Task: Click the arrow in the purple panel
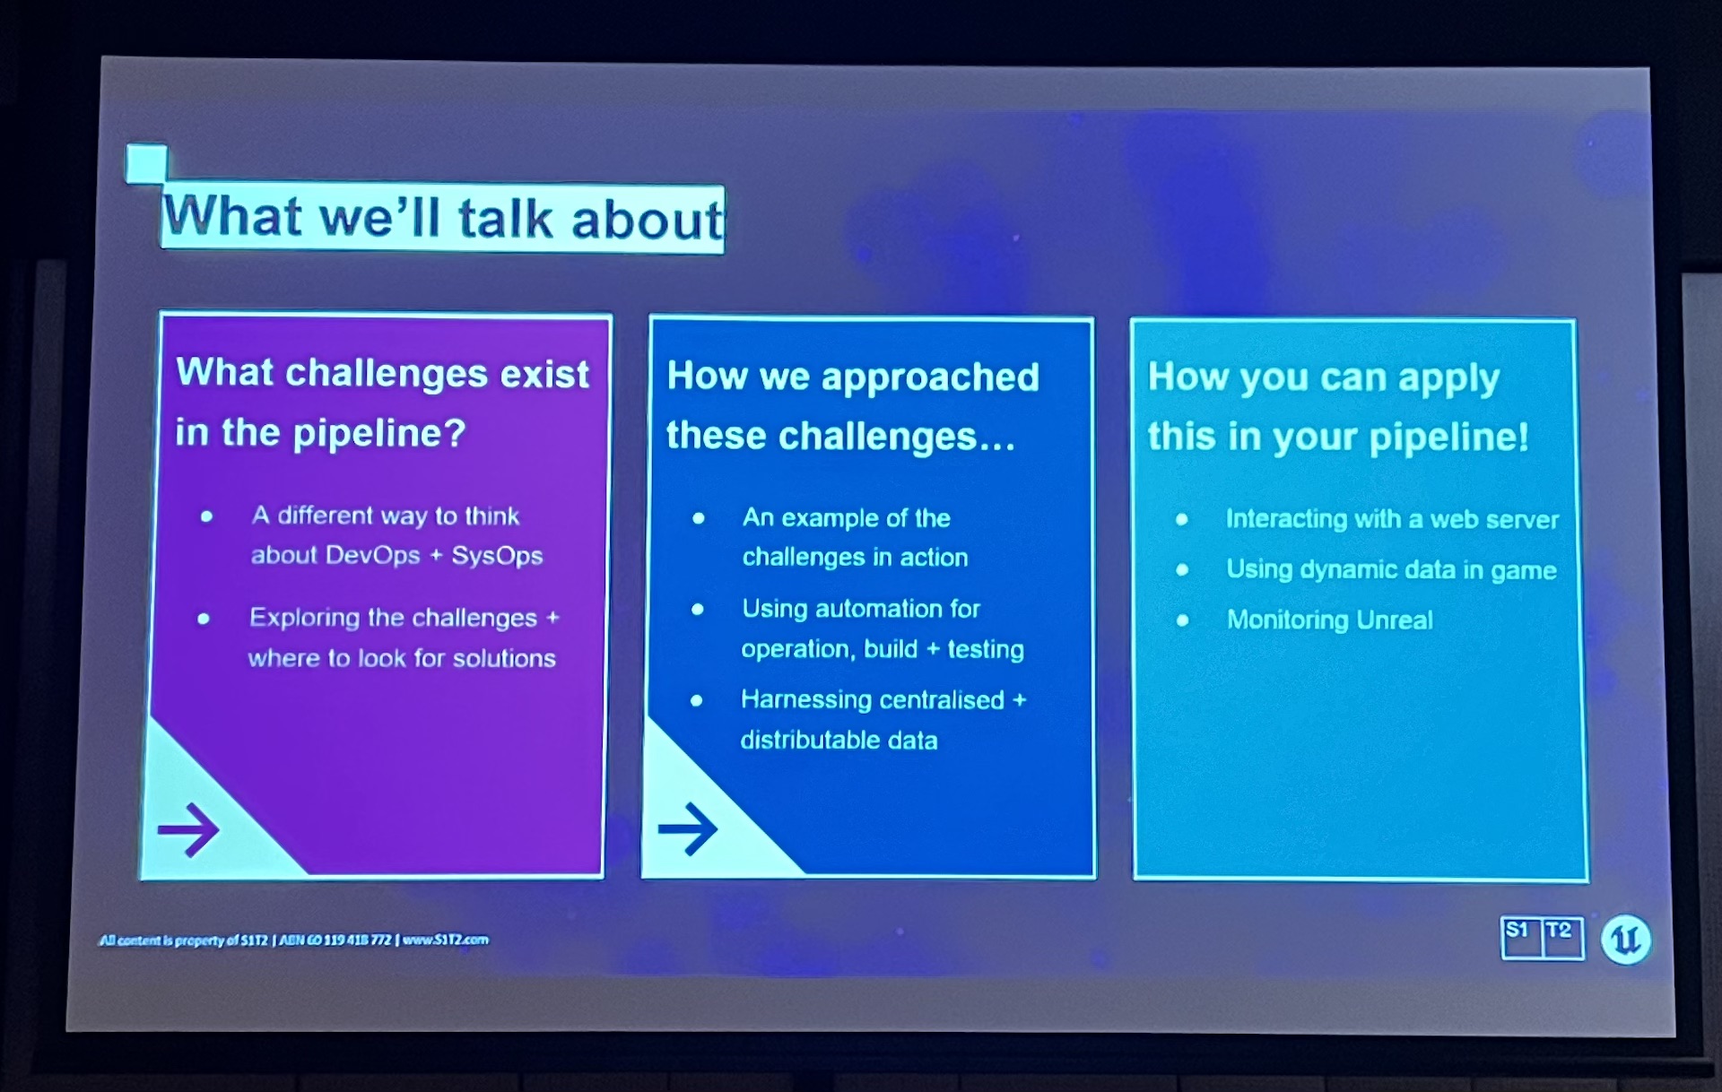(x=188, y=829)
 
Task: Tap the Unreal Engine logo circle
(x=1626, y=940)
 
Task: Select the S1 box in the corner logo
(x=1521, y=938)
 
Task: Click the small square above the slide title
(x=146, y=164)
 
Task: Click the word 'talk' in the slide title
(x=505, y=219)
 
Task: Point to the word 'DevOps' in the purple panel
(x=373, y=556)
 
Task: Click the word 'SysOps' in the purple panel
(x=497, y=557)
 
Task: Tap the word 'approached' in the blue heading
(x=930, y=377)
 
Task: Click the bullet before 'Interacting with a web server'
(x=1182, y=519)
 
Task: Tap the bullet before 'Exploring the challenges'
(x=204, y=619)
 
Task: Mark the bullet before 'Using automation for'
(x=697, y=610)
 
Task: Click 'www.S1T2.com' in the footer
(x=446, y=940)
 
